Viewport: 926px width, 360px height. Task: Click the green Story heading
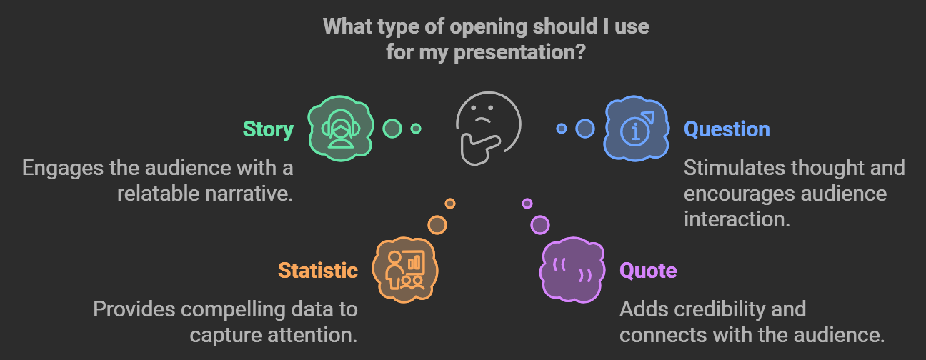coord(268,130)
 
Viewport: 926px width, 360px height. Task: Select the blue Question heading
coord(727,129)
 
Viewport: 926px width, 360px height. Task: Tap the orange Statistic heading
coord(317,271)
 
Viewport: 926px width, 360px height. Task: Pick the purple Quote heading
coord(648,271)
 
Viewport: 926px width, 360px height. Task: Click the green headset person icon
coord(341,129)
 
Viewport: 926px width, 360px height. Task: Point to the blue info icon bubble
coord(636,129)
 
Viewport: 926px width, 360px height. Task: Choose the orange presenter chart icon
coord(404,270)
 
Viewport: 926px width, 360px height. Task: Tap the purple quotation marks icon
coord(572,270)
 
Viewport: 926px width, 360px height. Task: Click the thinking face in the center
coord(488,129)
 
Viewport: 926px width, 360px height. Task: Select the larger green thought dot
coord(392,129)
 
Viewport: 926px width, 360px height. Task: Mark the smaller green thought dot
coord(416,129)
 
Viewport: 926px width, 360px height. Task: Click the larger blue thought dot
coord(585,129)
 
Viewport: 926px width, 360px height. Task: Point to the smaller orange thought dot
coord(449,204)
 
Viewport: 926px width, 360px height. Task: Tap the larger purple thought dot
coord(540,225)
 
